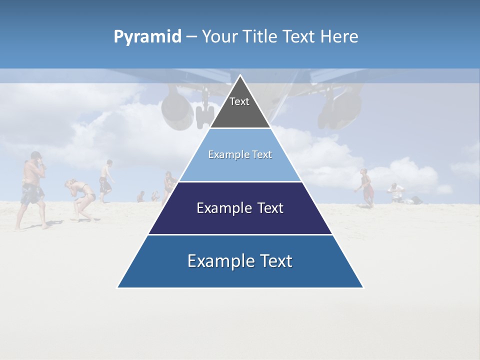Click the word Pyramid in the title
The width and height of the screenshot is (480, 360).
click(x=147, y=37)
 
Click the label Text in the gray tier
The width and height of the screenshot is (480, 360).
click(x=239, y=101)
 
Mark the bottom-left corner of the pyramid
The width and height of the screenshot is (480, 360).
click(x=118, y=287)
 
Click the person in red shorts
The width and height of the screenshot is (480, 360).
click(x=366, y=187)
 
